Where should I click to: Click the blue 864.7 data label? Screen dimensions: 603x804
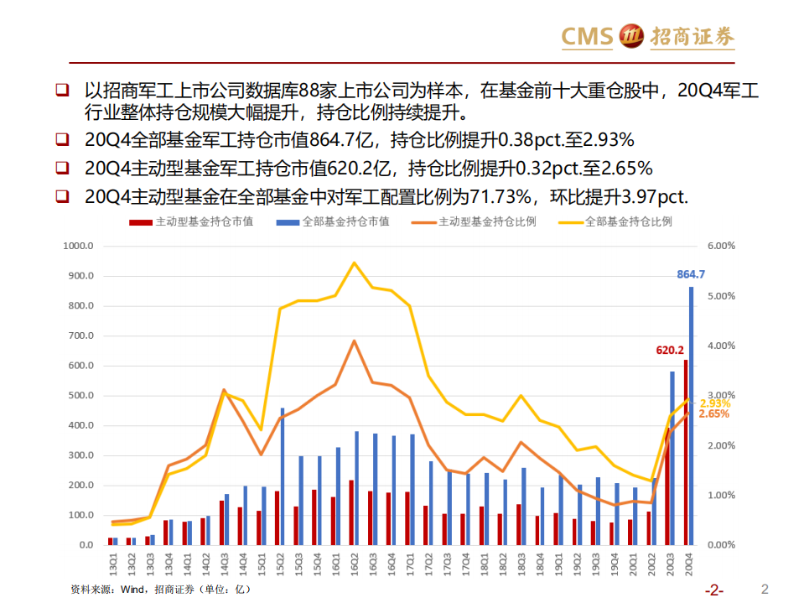click(x=691, y=274)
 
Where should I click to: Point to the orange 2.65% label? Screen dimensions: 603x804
click(x=713, y=413)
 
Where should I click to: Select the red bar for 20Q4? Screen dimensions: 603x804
click(x=685, y=452)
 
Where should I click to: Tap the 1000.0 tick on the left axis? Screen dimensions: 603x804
click(x=79, y=247)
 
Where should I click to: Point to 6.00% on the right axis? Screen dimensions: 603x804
click(x=721, y=247)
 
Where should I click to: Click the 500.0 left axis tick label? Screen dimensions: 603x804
click(x=81, y=396)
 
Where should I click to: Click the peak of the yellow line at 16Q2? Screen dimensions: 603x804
click(x=354, y=263)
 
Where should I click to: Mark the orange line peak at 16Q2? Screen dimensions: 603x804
click(x=354, y=341)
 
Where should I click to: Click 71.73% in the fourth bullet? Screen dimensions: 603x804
click(x=500, y=197)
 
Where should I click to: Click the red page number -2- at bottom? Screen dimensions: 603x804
click(x=714, y=589)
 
